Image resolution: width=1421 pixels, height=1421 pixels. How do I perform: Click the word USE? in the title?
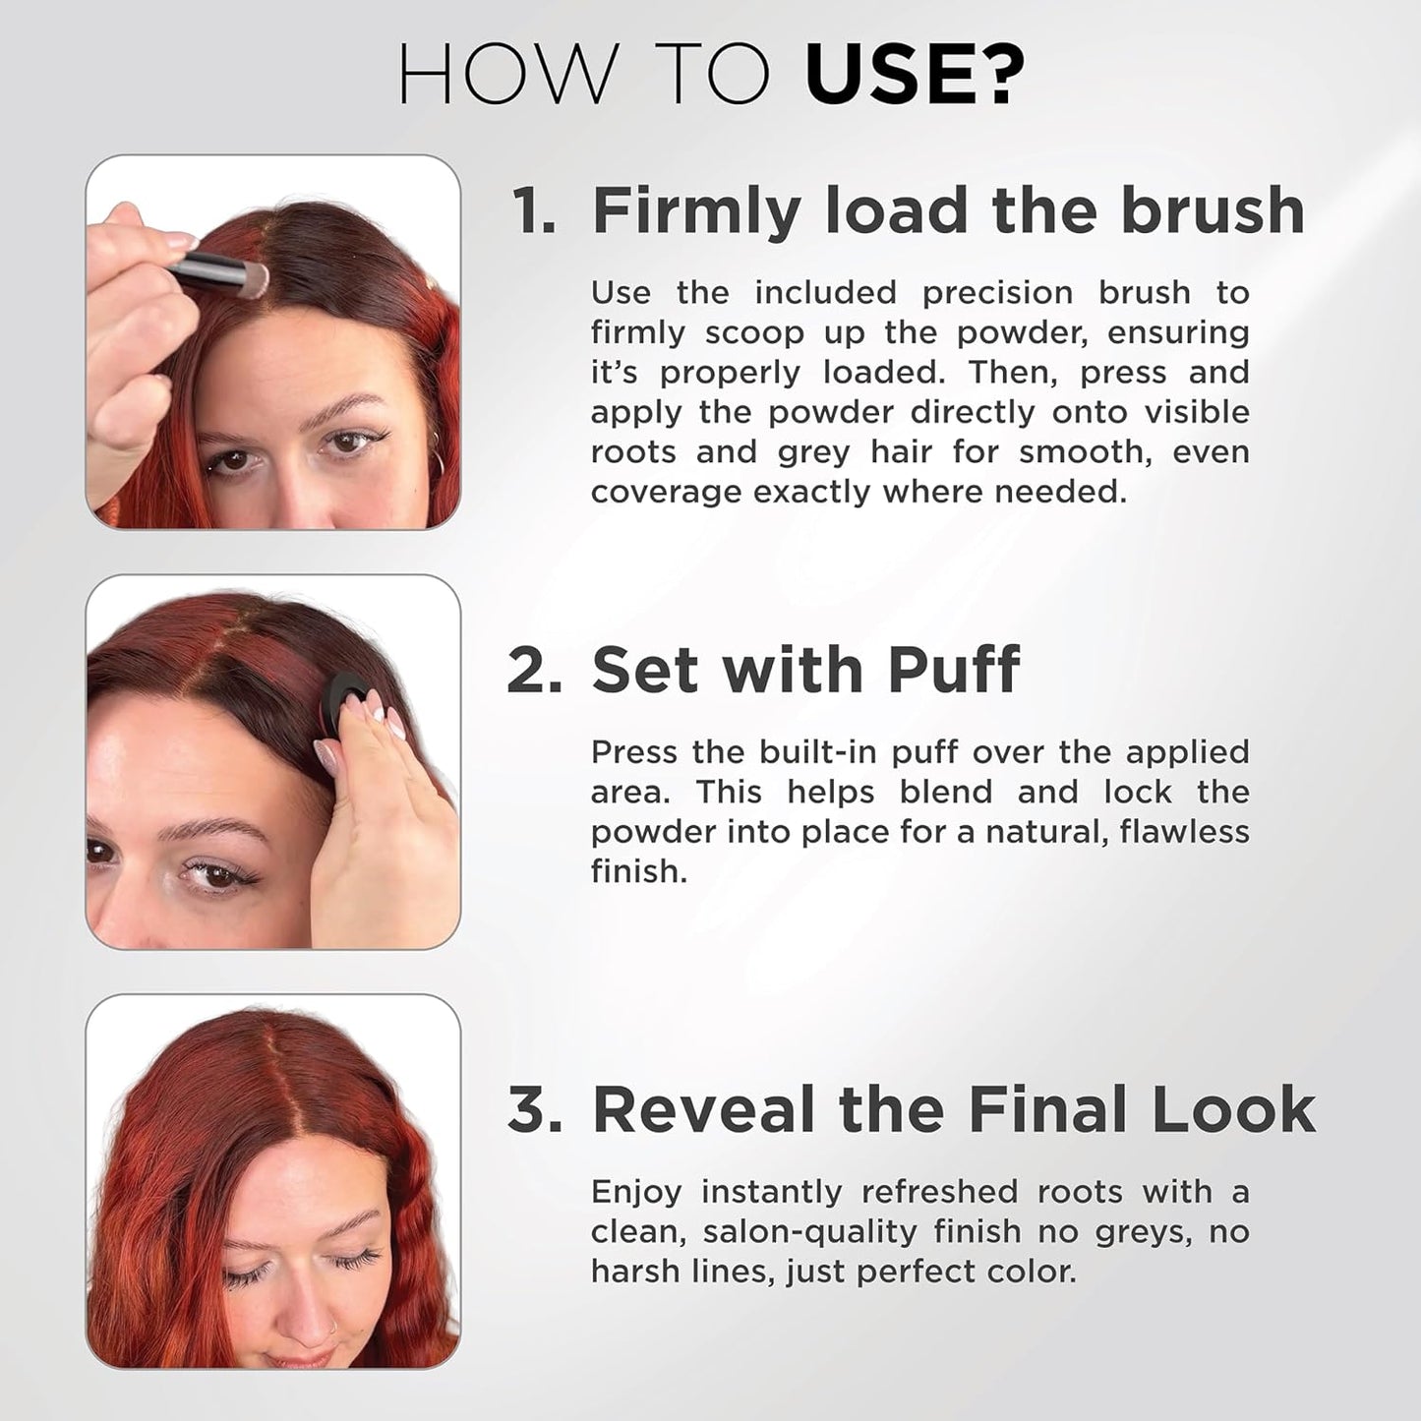[914, 74]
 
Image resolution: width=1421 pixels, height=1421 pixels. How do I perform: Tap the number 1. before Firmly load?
[534, 210]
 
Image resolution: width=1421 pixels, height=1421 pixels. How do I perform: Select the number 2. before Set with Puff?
[534, 670]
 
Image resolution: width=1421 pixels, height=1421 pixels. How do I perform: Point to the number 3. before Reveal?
[534, 1109]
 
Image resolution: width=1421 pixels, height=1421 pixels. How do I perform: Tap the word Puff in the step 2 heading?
[953, 670]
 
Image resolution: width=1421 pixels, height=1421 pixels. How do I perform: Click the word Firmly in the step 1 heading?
[696, 210]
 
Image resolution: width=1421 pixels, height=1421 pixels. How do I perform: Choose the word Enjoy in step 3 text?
[635, 1193]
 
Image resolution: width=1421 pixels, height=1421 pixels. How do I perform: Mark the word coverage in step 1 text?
[666, 492]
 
